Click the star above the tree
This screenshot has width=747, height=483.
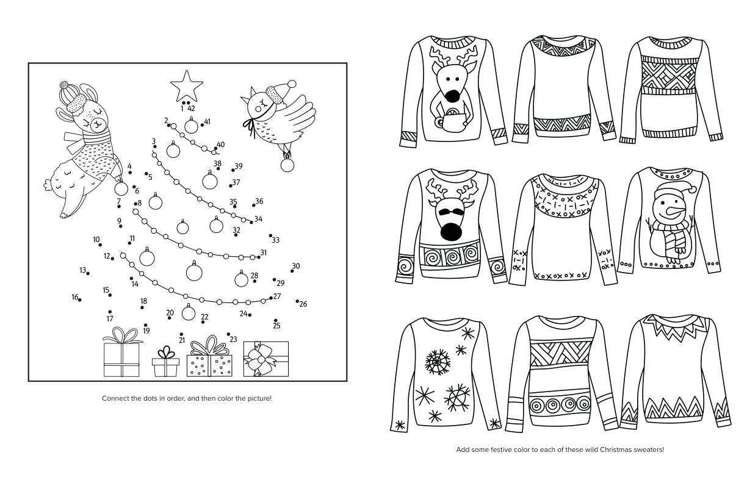pyautogui.click(x=186, y=86)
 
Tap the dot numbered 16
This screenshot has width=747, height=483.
pyautogui.click(x=80, y=300)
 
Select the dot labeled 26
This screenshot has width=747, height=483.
pyautogui.click(x=297, y=301)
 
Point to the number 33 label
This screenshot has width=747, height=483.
pyautogui.click(x=275, y=240)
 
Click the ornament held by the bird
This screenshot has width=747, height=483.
pyautogui.click(x=287, y=165)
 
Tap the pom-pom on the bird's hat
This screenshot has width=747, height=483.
pyautogui.click(x=292, y=84)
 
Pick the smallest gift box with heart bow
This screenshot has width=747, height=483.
pyautogui.click(x=166, y=362)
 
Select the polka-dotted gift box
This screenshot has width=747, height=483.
pyautogui.click(x=209, y=357)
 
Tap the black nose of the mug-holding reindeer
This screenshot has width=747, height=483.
pyautogui.click(x=452, y=96)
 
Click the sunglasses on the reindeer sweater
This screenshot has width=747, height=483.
pyautogui.click(x=450, y=212)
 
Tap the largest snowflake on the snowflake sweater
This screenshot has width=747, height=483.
pyautogui.click(x=437, y=362)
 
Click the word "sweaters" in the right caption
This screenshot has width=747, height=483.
pyautogui.click(x=650, y=449)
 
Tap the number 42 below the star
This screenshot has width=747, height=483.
pyautogui.click(x=191, y=109)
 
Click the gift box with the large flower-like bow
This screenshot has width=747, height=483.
pyautogui.click(x=266, y=359)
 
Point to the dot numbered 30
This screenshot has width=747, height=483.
pyautogui.click(x=292, y=271)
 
